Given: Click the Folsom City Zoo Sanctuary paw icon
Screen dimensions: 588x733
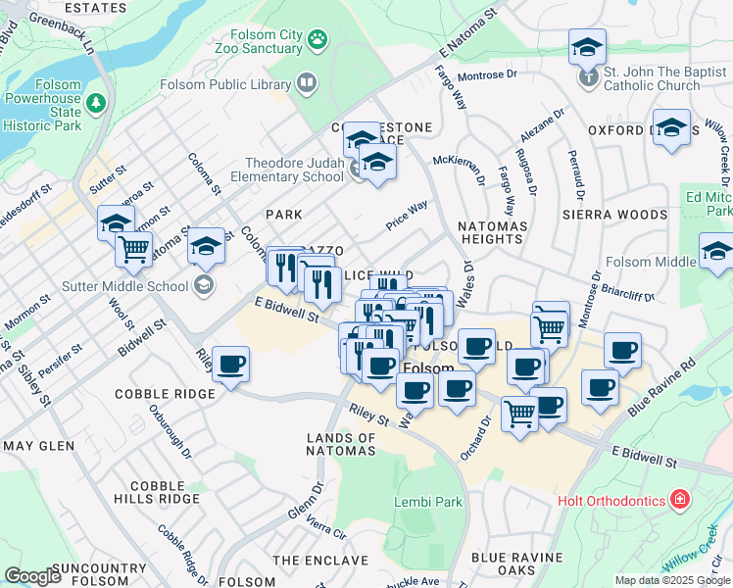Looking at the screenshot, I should tap(318, 39).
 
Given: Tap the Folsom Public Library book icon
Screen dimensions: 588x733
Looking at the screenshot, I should tap(308, 83).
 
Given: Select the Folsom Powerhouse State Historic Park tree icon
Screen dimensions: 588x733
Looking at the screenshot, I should tap(96, 102).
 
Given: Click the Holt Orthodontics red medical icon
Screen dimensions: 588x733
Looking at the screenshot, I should tap(680, 501).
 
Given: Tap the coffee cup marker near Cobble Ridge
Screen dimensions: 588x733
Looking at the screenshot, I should tap(230, 366).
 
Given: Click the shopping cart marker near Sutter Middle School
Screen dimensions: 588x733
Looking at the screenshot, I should tap(133, 248).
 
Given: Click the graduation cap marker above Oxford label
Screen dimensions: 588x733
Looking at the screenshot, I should tap(671, 128).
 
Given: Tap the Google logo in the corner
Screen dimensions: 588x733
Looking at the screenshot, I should tap(32, 576).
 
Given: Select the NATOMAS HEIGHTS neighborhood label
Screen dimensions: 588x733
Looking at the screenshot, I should tap(490, 232).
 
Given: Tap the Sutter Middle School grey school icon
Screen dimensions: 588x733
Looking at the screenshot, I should tap(204, 286).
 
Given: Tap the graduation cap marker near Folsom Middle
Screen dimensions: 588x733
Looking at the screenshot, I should tap(716, 252).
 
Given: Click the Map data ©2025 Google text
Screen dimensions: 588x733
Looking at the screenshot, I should tap(672, 580).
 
